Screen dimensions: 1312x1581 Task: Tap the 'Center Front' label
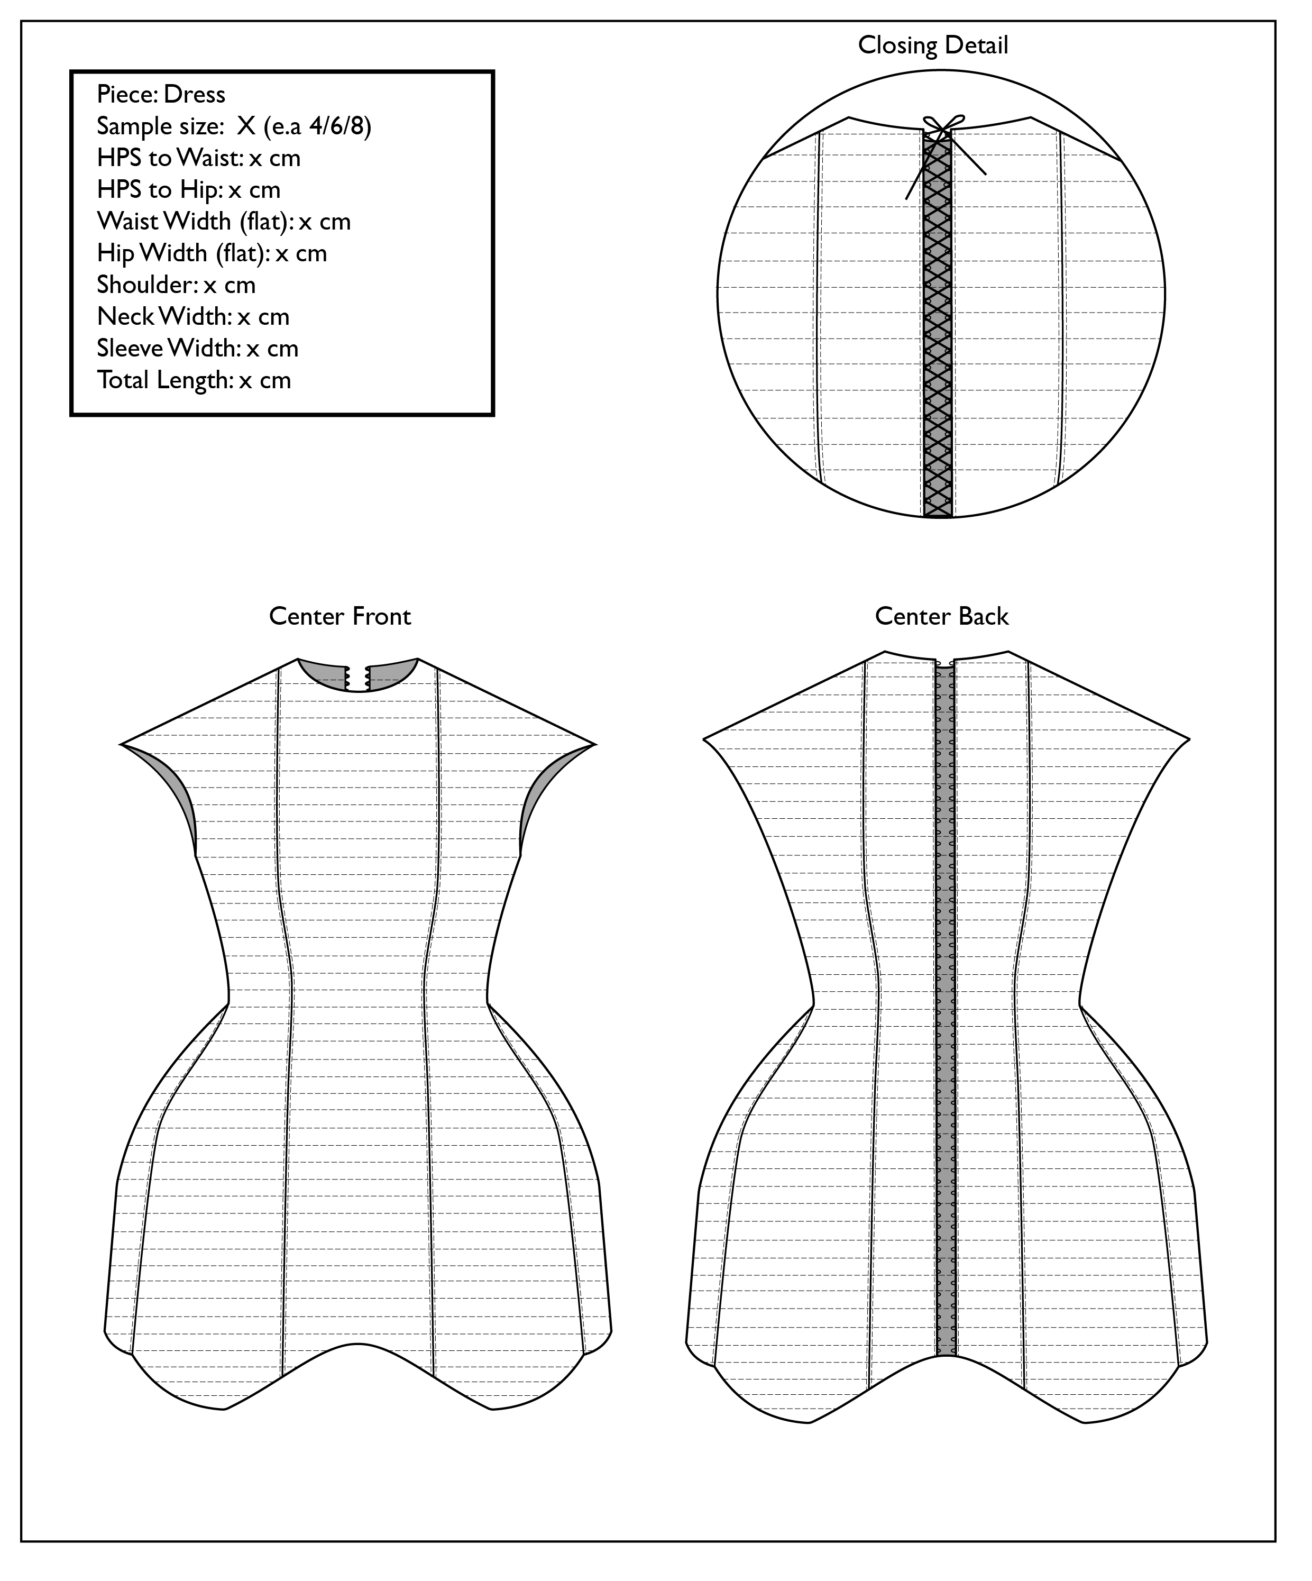coord(340,617)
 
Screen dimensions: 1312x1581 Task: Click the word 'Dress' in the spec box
coord(194,94)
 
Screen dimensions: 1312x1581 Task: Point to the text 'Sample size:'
coord(159,126)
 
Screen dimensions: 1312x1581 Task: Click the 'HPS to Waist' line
coord(199,158)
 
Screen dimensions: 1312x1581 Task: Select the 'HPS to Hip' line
coord(188,190)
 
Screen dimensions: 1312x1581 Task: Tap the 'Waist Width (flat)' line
coord(224,221)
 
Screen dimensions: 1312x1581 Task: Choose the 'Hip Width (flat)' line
coord(212,253)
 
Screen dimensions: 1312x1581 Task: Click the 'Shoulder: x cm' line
coord(176,285)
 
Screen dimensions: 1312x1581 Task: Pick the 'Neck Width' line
coord(192,316)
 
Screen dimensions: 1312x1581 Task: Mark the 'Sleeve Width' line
coord(197,348)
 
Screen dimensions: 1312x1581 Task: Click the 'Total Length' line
coord(194,379)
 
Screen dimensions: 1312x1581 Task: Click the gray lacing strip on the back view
coord(944,1017)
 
